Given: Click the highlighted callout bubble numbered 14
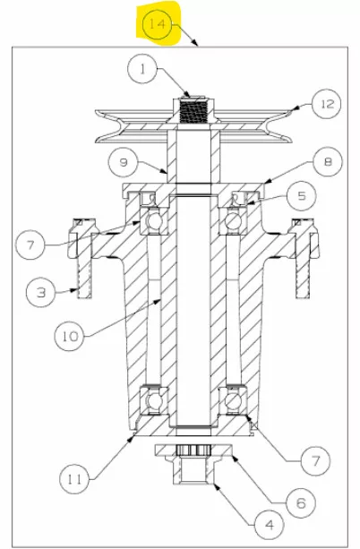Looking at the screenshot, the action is (158, 24).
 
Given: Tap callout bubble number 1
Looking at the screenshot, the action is (142, 69).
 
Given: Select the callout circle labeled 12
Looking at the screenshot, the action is (327, 104).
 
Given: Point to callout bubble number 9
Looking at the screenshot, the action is (123, 162).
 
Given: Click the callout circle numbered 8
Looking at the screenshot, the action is (328, 162).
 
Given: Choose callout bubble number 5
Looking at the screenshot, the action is (301, 195).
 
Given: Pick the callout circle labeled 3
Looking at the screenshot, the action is (41, 292).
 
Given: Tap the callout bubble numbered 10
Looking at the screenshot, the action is (69, 336).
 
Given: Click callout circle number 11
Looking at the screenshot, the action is (74, 478).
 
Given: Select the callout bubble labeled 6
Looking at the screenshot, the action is (301, 502).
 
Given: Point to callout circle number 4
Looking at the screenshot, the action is (270, 525).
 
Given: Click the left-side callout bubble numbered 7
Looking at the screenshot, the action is (30, 244).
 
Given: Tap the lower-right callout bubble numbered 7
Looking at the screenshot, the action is (315, 460).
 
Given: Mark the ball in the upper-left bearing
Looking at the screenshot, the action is (154, 221).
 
